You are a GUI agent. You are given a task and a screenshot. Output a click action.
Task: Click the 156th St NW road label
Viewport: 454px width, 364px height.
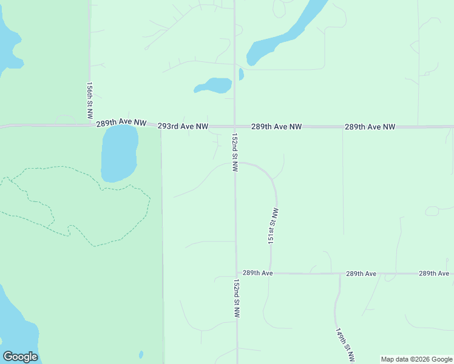(x=89, y=101)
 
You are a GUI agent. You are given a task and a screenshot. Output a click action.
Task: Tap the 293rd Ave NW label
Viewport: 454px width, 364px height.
(x=183, y=127)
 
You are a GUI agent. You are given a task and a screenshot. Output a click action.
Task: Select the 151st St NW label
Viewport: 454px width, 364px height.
(x=274, y=226)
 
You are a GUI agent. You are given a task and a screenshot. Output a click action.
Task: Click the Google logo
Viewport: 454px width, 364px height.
(x=20, y=357)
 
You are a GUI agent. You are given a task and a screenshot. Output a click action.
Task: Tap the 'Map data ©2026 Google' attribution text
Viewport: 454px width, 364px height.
(x=417, y=359)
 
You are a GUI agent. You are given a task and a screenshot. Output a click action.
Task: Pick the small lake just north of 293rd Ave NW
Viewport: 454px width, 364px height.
(x=214, y=86)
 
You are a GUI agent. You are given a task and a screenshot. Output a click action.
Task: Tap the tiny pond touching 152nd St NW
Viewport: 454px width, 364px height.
(x=242, y=74)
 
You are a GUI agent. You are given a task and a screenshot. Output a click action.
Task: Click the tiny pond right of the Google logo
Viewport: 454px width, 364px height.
(x=141, y=355)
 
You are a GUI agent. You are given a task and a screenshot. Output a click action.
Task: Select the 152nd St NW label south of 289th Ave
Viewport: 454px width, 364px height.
(x=237, y=298)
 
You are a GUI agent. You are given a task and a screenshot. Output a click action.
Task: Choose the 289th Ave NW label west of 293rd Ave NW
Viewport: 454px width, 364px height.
(x=121, y=123)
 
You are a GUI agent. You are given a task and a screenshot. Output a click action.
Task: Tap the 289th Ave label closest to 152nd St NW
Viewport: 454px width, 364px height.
(x=258, y=273)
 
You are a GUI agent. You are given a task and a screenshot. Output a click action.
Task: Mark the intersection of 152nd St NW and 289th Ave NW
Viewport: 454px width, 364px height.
(x=235, y=126)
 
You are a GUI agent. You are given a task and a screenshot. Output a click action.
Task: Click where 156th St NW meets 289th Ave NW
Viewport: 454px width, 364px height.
(x=90, y=125)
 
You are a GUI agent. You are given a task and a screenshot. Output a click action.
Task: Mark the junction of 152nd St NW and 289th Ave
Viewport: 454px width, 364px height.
(x=236, y=273)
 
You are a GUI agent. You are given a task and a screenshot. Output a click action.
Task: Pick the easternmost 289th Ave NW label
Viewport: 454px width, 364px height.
(x=370, y=127)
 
